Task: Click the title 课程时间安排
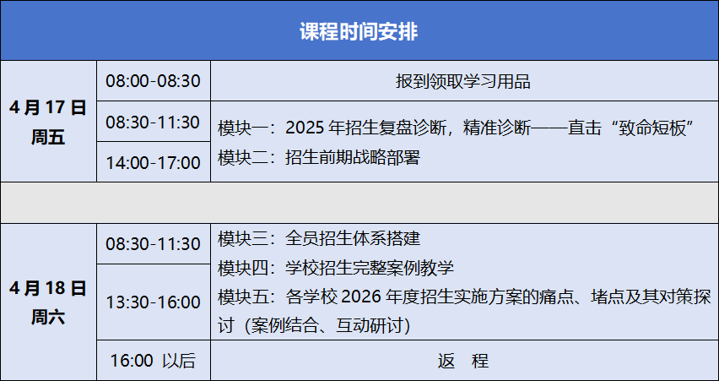359,32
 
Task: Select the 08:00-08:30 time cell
153,81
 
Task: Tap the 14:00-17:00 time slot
153,162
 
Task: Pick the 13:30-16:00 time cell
153,302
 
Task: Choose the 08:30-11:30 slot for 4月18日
153,244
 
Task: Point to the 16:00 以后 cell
153,361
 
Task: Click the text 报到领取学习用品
463,81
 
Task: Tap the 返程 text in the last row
463,361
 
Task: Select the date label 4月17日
48,108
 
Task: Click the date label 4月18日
48,288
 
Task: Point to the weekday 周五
48,137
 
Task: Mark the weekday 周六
48,317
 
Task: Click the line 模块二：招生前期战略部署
319,158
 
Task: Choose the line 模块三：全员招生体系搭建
319,239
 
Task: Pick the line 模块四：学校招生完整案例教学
336,268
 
